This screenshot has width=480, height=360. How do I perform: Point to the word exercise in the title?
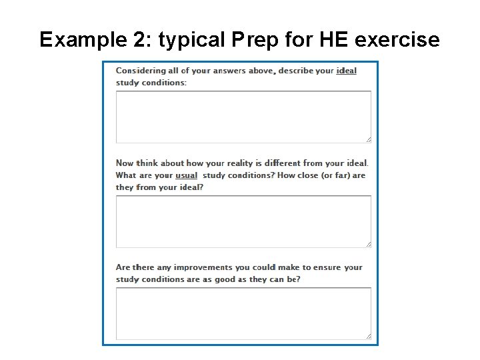click(397, 40)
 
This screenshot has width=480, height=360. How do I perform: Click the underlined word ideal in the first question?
click(346, 71)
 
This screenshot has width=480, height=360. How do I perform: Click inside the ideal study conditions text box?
click(243, 116)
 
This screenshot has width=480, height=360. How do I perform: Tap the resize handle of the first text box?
click(368, 139)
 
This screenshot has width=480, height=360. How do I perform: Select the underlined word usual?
click(186, 175)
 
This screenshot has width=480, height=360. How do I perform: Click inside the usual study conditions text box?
click(243, 221)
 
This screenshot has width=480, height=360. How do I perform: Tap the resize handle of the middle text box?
click(368, 244)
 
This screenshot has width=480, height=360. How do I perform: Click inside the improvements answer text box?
click(243, 313)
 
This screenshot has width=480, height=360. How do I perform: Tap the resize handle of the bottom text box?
click(368, 337)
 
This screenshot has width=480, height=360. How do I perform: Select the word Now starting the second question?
click(125, 163)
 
